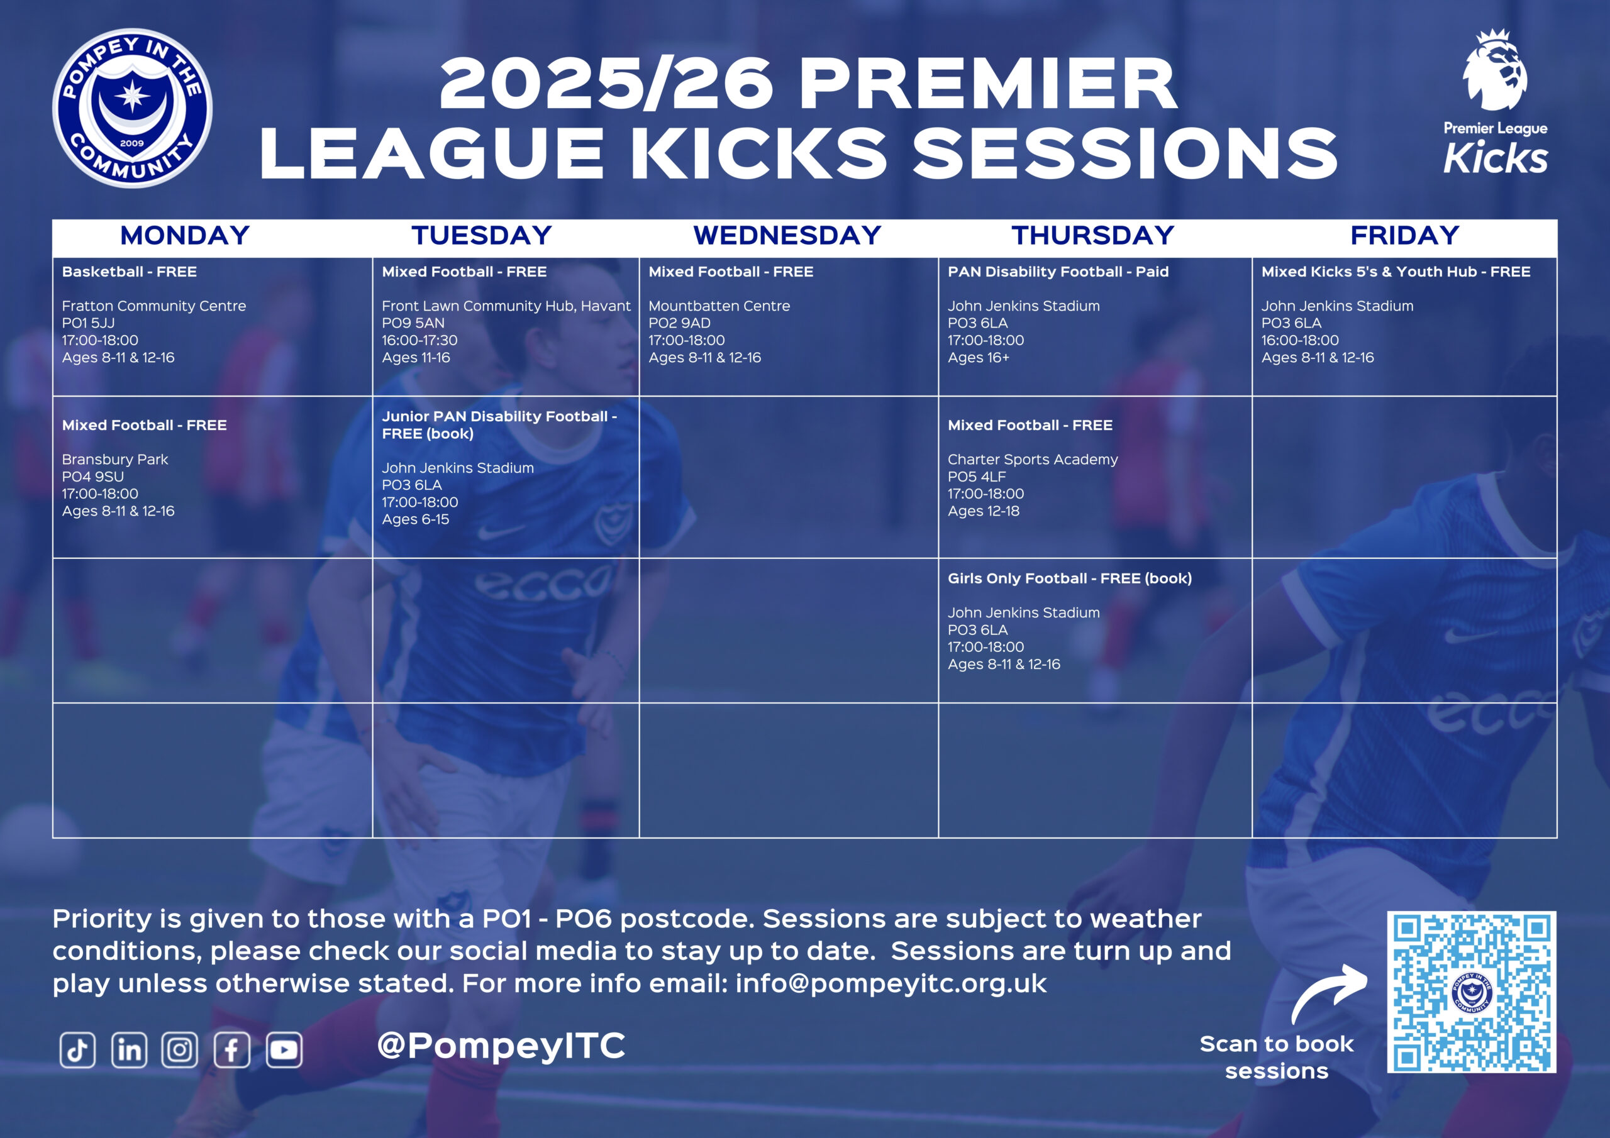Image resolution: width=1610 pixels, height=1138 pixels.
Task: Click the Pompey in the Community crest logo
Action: tap(133, 108)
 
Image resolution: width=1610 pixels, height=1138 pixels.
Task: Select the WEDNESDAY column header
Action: tap(787, 236)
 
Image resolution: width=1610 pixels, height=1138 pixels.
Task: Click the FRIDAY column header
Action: tap(1404, 236)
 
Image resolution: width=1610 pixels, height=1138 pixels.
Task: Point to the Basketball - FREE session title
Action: tap(129, 272)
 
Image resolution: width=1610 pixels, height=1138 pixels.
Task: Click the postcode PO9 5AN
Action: tap(413, 323)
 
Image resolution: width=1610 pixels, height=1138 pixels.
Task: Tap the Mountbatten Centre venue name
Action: tap(719, 306)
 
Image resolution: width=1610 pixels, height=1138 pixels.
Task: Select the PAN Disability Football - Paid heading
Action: tap(1058, 272)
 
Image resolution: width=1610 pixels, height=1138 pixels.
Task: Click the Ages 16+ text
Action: tap(978, 358)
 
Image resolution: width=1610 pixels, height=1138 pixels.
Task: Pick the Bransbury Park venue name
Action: tap(115, 459)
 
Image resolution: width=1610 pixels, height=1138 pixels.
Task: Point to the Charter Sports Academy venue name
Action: tap(1032, 459)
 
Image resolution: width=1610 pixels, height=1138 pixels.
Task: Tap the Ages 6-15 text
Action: tap(415, 519)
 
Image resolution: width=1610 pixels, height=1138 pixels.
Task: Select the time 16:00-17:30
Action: tap(419, 340)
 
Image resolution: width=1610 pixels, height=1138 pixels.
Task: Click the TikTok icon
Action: tap(77, 1049)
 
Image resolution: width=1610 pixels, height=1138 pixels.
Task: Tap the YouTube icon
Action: tap(284, 1049)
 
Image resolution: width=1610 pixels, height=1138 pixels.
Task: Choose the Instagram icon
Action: tap(179, 1049)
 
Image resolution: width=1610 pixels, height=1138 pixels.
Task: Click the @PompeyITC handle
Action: tap(501, 1046)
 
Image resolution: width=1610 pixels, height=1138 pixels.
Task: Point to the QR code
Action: tap(1471, 992)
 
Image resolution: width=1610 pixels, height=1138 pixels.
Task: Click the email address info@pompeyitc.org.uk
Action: tap(891, 984)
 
